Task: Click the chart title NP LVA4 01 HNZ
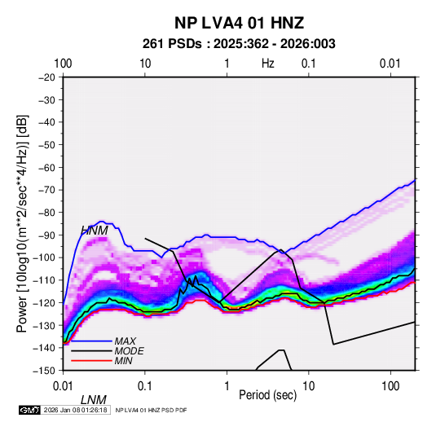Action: coord(239,23)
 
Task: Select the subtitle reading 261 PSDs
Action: coord(172,44)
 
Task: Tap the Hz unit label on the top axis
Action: coord(268,64)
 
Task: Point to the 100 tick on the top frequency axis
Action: coord(63,64)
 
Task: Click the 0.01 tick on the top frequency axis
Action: coord(390,64)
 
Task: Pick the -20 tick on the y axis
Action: coord(46,77)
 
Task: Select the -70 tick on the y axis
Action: coord(46,190)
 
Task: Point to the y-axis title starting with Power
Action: coord(22,223)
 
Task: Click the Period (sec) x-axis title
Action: coord(268,395)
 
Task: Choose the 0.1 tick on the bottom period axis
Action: coord(145,386)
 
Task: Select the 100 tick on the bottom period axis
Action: coord(390,386)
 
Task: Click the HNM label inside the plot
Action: coord(95,231)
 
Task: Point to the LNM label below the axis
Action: coord(94,400)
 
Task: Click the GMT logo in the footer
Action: coord(29,410)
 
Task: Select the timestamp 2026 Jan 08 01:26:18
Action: coord(75,410)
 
